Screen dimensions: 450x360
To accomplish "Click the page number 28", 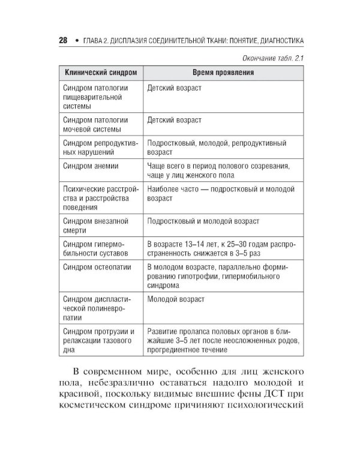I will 62,41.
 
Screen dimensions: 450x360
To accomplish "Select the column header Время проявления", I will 223,73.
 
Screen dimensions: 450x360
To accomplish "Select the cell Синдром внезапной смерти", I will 95,226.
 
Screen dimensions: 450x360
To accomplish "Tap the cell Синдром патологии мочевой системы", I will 95,124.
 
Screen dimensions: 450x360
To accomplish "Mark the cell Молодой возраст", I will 176,299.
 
